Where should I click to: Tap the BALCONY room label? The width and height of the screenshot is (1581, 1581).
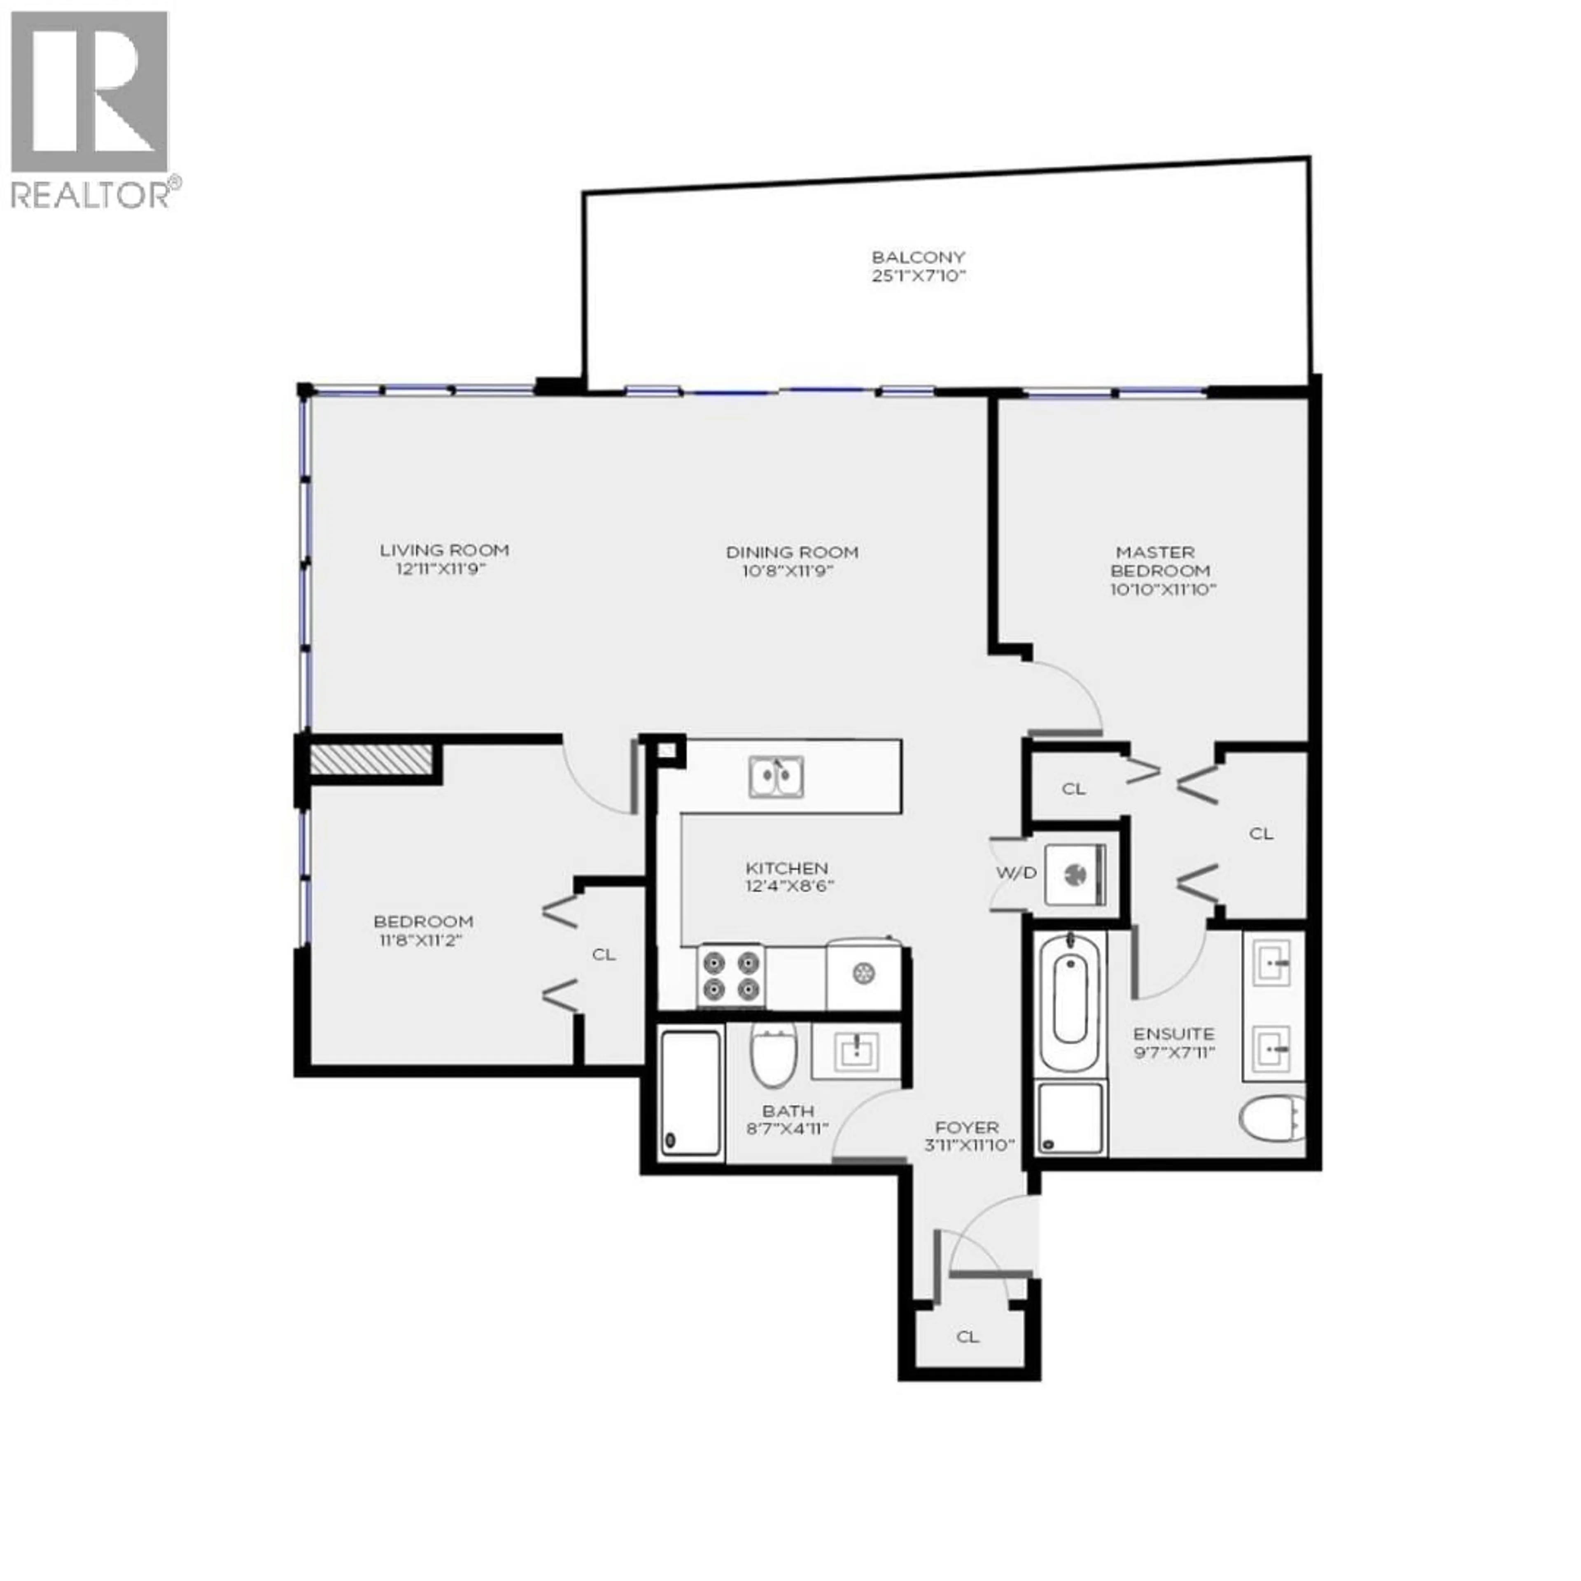click(x=918, y=257)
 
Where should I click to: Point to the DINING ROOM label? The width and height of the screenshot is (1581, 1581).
click(x=792, y=553)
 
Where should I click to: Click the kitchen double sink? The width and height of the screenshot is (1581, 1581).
click(x=776, y=777)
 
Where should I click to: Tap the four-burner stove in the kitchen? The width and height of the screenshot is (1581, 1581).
click(x=731, y=976)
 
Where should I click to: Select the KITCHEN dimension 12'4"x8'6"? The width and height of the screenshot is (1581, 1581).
click(x=789, y=886)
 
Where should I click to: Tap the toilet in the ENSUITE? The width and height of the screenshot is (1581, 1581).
click(x=1271, y=1119)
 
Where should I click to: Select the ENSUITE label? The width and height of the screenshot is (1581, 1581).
click(x=1173, y=1033)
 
